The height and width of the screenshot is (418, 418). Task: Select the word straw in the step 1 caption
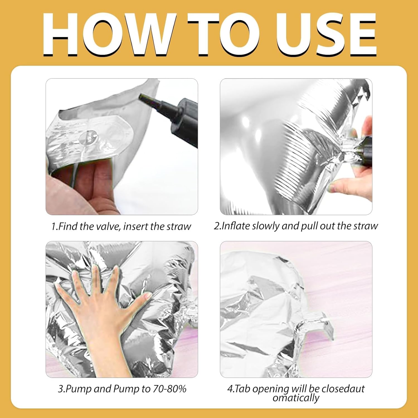[x=179, y=226]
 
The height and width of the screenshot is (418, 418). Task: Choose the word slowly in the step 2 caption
[x=266, y=226]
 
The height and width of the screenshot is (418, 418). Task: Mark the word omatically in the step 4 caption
[x=296, y=398]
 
